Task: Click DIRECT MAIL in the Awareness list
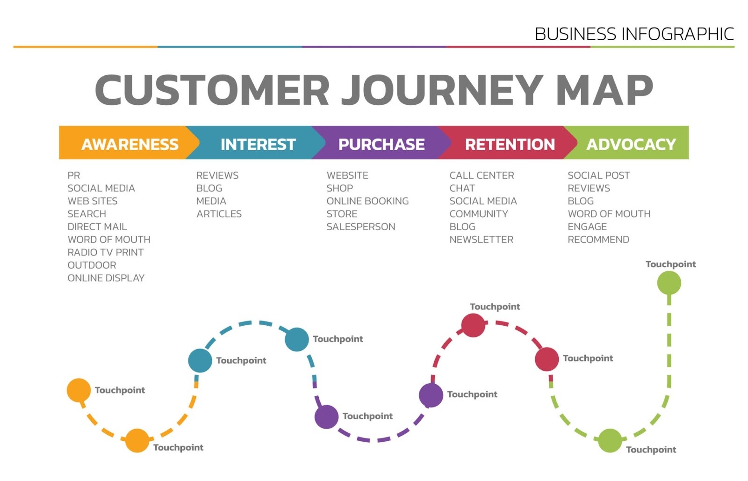point(97,227)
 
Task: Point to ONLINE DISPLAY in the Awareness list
point(106,278)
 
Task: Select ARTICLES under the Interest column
point(219,214)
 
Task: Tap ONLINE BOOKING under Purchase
point(367,201)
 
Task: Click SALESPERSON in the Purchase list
point(360,227)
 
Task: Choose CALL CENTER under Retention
point(482,175)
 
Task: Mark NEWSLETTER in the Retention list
point(481,240)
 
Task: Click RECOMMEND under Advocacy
point(598,240)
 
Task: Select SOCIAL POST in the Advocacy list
point(598,175)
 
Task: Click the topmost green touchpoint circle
point(669,283)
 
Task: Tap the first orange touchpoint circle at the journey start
point(79,390)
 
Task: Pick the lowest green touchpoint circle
point(610,440)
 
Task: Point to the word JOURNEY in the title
point(442,90)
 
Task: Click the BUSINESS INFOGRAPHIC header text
point(634,34)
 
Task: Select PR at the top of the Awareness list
point(74,175)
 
